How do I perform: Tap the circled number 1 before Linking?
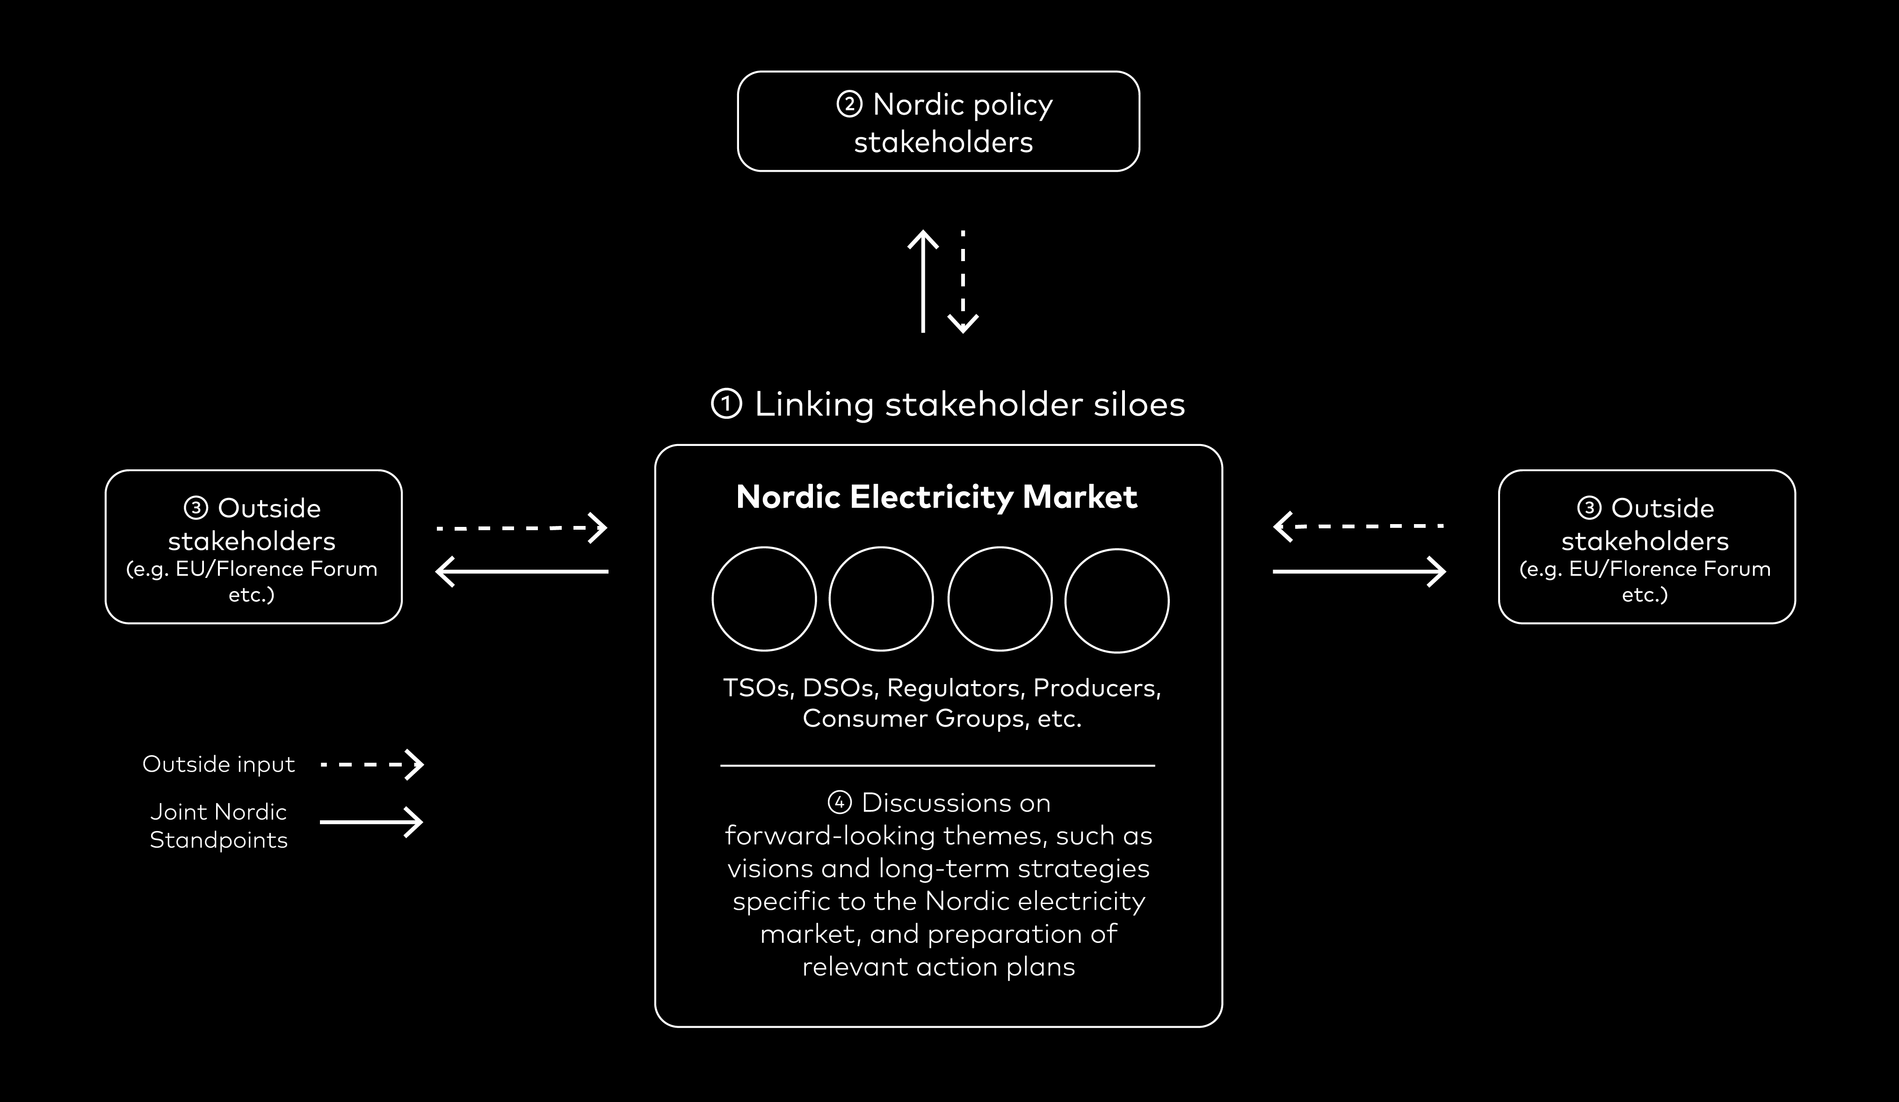[x=726, y=404]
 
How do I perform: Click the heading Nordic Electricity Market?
[x=937, y=497]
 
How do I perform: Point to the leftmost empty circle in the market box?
[x=764, y=599]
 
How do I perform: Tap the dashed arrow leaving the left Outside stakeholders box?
[x=522, y=528]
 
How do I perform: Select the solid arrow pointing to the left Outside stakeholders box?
[x=522, y=571]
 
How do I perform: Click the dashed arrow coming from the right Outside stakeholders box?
[x=1359, y=525]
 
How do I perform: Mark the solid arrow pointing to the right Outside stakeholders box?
[x=1359, y=571]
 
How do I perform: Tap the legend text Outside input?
[x=218, y=764]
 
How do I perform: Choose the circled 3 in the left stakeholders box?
[x=196, y=508]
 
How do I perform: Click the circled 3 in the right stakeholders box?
[x=1589, y=508]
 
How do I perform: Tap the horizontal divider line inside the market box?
[x=937, y=765]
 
